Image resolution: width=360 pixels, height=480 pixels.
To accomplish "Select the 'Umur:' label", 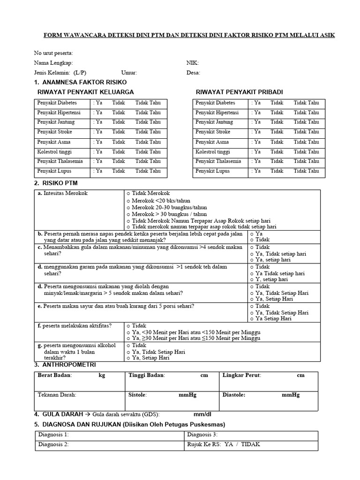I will point(129,73).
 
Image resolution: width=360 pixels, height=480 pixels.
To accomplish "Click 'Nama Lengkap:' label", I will point(53,63).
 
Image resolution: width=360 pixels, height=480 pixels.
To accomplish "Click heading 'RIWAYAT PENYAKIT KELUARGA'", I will point(85,92).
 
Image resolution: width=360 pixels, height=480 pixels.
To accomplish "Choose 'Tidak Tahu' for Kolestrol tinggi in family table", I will point(148,151).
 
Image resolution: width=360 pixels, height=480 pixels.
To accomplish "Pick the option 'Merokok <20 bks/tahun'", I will point(154,200).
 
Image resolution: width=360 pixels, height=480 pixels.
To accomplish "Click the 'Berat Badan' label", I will point(53,375).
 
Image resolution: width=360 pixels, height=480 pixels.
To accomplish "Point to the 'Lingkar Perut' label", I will point(242,375).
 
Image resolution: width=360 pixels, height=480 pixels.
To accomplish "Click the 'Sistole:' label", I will point(137,395).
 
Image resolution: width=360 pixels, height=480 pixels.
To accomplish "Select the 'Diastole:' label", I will point(234,395).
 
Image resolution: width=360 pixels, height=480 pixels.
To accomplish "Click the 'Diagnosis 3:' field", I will point(202,435).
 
